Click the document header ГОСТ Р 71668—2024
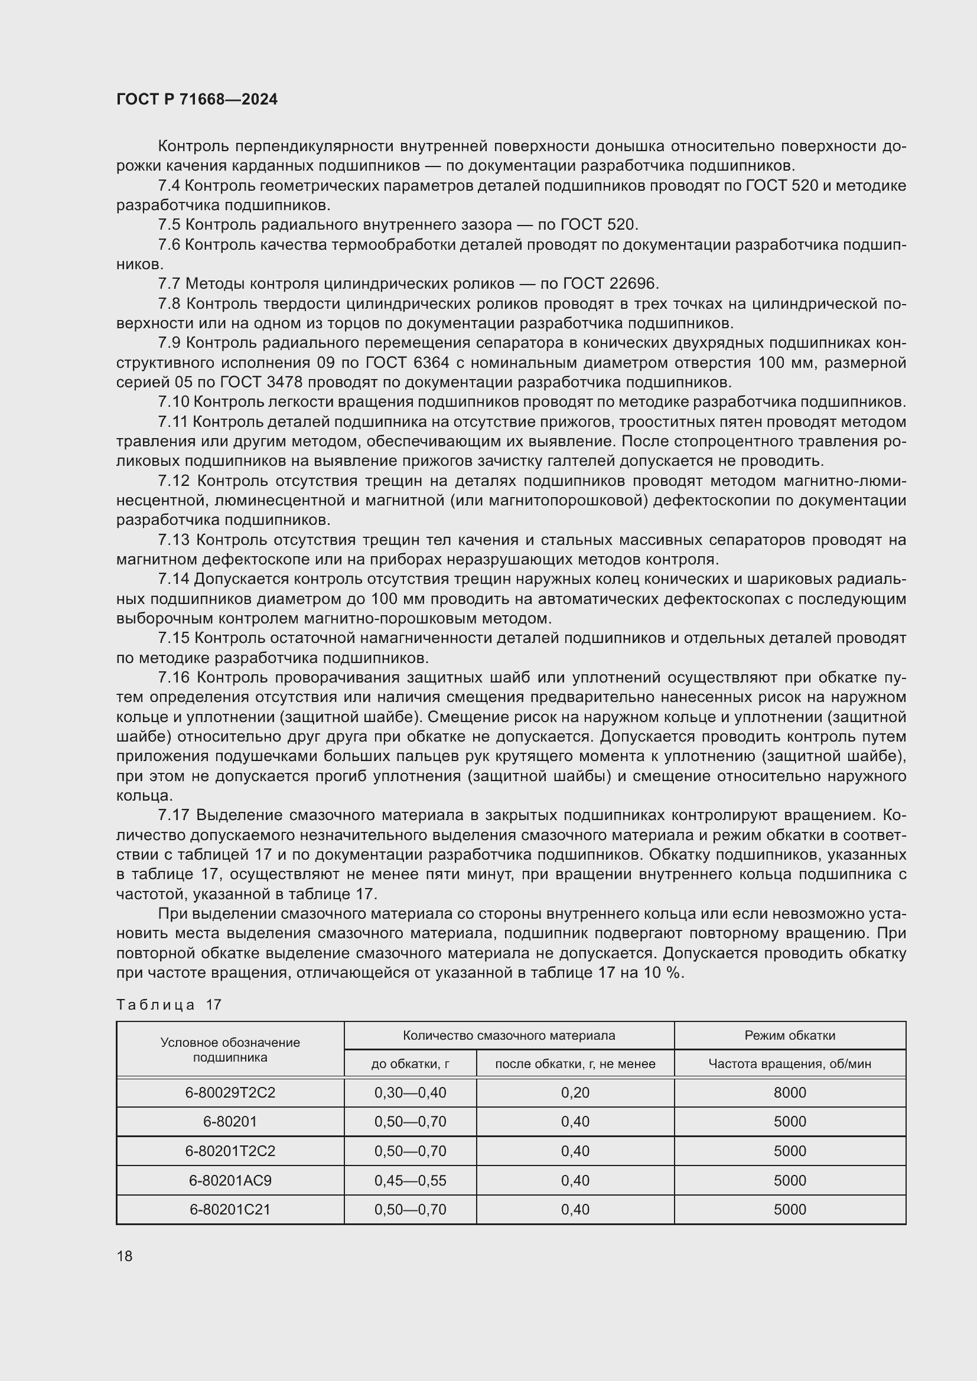click(197, 99)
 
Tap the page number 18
click(125, 1256)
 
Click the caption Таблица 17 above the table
click(169, 1004)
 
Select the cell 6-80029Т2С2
click(230, 1092)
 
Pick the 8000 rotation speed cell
click(789, 1092)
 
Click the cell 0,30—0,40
click(411, 1092)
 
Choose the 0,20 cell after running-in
click(575, 1092)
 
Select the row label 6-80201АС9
click(230, 1180)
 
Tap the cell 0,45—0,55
click(411, 1180)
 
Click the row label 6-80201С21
click(230, 1209)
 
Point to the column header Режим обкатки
click(789, 1035)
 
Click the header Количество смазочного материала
click(509, 1035)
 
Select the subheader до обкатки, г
click(411, 1063)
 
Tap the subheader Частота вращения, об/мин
click(789, 1063)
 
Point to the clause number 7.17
click(173, 815)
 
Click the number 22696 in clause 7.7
click(634, 283)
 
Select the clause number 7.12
click(173, 481)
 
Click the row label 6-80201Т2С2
click(230, 1151)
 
